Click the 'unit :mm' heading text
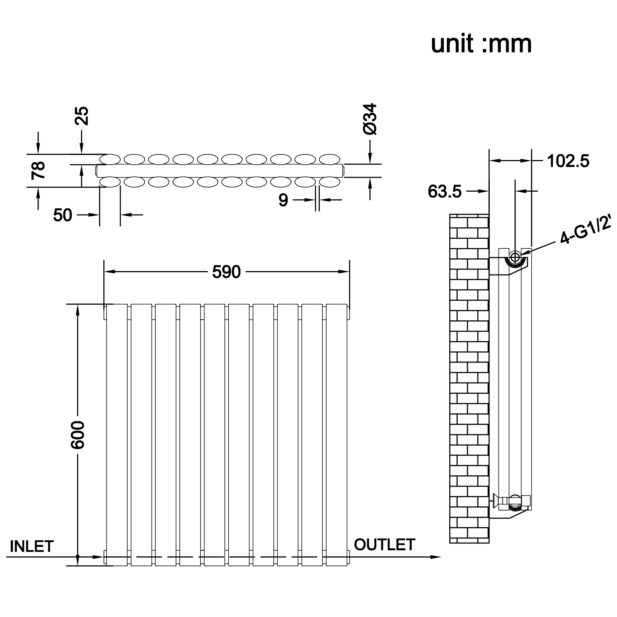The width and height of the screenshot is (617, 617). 481,44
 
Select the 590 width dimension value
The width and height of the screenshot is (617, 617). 226,272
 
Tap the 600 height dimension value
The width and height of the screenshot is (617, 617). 78,435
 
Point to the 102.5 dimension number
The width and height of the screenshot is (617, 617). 568,161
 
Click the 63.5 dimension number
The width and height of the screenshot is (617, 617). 445,191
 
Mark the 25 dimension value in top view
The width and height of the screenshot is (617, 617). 82,116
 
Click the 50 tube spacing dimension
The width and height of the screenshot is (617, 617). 62,215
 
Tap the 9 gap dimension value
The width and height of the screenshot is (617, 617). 283,200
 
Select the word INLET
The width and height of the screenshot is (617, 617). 32,546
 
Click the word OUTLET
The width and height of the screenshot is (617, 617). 384,545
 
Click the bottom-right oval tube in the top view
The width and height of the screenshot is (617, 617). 330,182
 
